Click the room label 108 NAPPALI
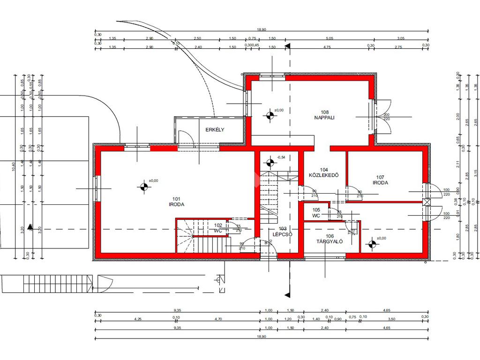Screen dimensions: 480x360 [x=324, y=115]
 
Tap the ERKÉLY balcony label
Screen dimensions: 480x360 [x=215, y=130]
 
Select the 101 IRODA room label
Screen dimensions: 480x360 [x=176, y=202]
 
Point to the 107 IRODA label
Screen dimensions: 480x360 [x=380, y=180]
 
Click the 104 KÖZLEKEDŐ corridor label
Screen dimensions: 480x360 [x=323, y=172]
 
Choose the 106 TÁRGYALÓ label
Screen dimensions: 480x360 [x=330, y=239]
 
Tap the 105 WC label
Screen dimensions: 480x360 [x=316, y=213]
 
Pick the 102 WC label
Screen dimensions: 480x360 [x=218, y=228]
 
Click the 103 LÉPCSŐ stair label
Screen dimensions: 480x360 [x=283, y=232]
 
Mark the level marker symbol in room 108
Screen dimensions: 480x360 [x=270, y=115]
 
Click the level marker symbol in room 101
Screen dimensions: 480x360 [x=144, y=187]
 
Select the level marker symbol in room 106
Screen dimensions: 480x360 [x=372, y=243]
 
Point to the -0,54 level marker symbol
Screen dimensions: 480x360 [x=270, y=163]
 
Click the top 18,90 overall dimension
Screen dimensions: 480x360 [x=261, y=30]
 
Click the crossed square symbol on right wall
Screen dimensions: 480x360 [x=426, y=202]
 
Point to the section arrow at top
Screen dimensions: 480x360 [x=288, y=46]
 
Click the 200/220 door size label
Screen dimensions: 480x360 [x=386, y=117]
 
